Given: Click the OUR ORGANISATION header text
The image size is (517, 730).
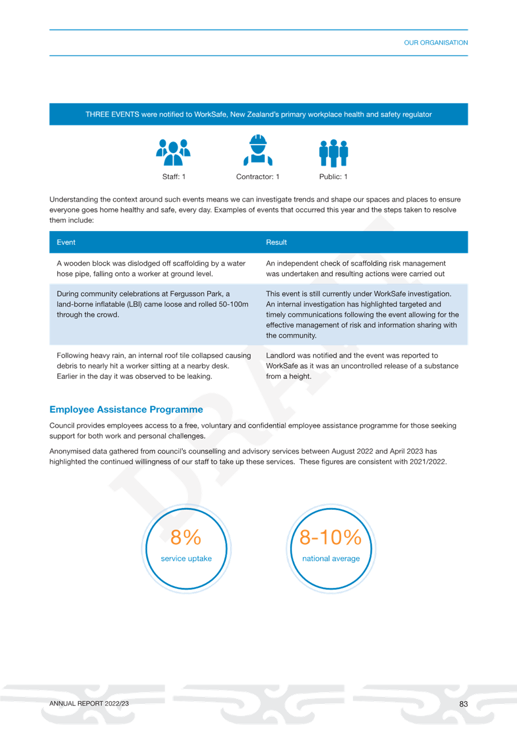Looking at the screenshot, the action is click(436, 43).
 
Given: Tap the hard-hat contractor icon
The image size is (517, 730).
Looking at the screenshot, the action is click(258, 150).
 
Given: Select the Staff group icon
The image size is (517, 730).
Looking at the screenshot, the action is click(173, 153).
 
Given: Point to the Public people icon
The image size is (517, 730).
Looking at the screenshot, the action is click(333, 153).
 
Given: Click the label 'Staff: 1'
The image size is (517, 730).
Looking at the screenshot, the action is click(174, 177).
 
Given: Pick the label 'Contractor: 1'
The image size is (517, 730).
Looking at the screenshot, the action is click(257, 177).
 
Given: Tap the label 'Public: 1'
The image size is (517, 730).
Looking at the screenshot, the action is click(333, 177).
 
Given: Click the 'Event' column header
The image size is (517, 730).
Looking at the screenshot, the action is click(66, 242).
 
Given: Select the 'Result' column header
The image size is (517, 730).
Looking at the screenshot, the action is click(276, 242).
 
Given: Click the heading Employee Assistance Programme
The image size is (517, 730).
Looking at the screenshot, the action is click(126, 409).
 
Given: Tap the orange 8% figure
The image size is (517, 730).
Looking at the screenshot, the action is click(186, 537).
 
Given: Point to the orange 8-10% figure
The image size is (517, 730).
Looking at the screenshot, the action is click(331, 537).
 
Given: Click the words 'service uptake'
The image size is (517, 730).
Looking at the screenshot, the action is click(186, 559).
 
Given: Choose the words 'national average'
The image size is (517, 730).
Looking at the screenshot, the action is click(331, 559).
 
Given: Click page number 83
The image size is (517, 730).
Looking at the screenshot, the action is click(464, 704).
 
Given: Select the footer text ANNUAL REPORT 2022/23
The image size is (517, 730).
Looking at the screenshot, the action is click(89, 704).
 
